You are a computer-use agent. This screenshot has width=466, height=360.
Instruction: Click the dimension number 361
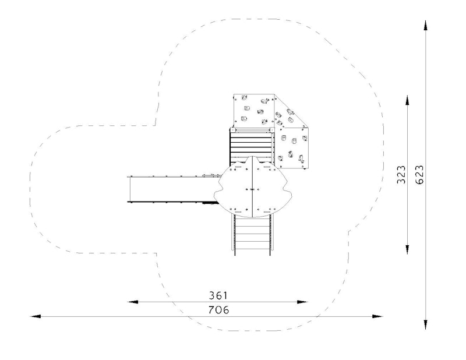tap(218, 295)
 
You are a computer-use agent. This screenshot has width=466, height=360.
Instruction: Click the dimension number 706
tap(219, 310)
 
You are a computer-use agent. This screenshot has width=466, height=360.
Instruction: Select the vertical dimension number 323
tap(401, 175)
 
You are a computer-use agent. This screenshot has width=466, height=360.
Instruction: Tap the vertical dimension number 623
tap(419, 175)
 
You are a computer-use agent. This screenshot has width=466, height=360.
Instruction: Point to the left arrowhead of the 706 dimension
tap(36, 316)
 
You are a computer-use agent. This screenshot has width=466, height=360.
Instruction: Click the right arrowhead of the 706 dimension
tap(377, 316)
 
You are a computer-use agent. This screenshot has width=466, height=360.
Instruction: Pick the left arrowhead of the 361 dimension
tap(133, 302)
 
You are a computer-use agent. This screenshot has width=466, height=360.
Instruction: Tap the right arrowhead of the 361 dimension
tap(302, 302)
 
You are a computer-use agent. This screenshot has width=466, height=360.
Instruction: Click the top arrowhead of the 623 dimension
tap(426, 26)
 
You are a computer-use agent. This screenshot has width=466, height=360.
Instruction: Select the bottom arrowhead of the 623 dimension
tap(426, 324)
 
